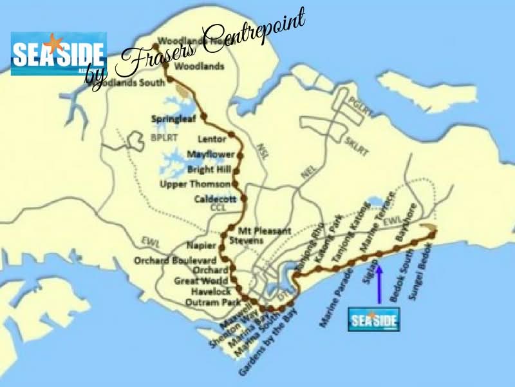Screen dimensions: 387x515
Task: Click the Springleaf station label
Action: point(171,119)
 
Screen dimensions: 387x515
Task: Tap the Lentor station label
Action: point(212,139)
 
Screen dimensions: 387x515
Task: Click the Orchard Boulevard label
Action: point(171,261)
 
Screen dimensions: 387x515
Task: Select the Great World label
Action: point(201,281)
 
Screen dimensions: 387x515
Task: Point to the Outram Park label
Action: point(207,301)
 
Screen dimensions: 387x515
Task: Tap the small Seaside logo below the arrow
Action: point(373,319)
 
